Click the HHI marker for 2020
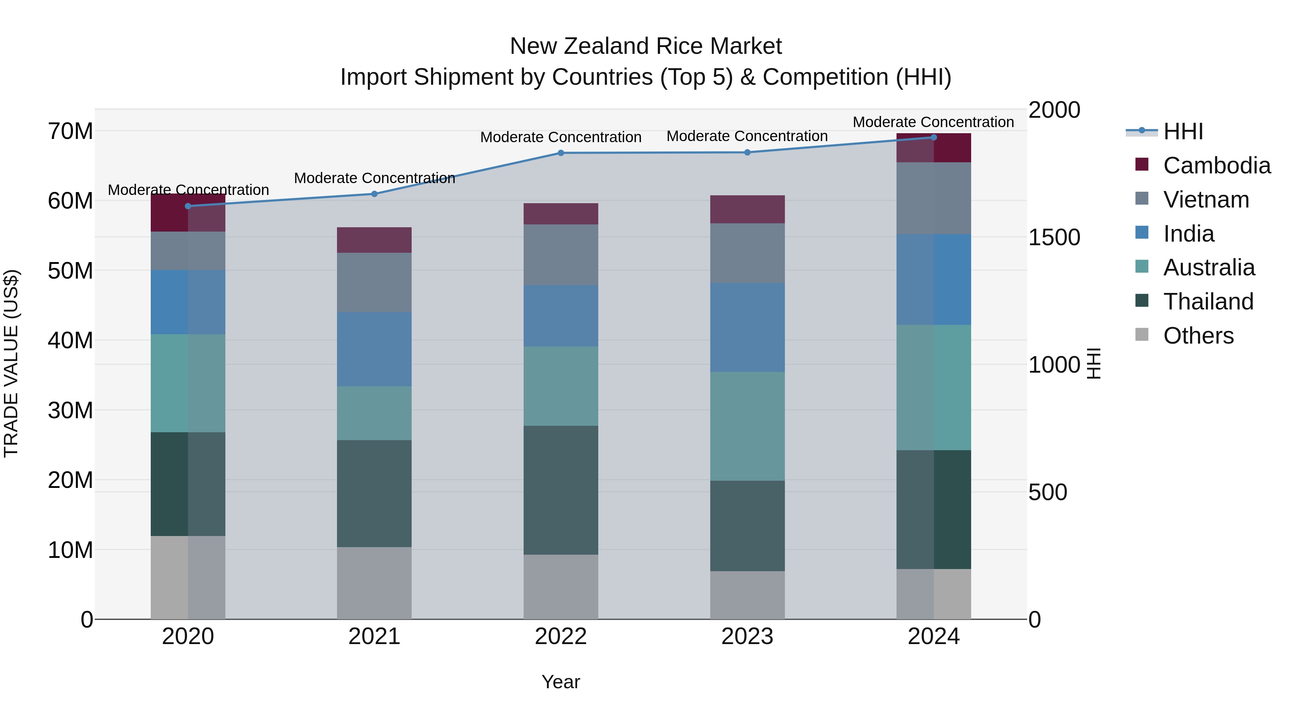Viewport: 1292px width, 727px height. pos(188,206)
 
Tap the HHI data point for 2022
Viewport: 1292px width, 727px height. pos(561,153)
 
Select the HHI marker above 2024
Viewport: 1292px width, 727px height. pos(933,138)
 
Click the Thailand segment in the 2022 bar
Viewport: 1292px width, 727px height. pos(561,490)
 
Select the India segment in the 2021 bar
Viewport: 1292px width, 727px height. pos(374,349)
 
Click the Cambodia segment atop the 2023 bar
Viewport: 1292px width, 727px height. pos(747,209)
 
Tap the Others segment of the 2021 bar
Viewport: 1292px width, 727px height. pos(374,583)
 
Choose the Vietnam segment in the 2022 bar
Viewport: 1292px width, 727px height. pos(561,255)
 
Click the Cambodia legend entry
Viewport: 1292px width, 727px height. pos(1216,166)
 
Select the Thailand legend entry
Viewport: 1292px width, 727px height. pos(1208,302)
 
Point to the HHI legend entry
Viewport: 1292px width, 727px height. pos(1183,131)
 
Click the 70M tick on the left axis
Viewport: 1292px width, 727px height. pos(70,131)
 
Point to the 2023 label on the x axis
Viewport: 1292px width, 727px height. pos(747,637)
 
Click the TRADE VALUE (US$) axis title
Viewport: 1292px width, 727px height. pos(11,363)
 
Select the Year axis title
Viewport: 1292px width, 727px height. pos(561,682)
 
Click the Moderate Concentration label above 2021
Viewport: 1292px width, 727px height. pos(374,178)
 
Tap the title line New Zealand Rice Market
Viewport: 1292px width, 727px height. pos(646,46)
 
